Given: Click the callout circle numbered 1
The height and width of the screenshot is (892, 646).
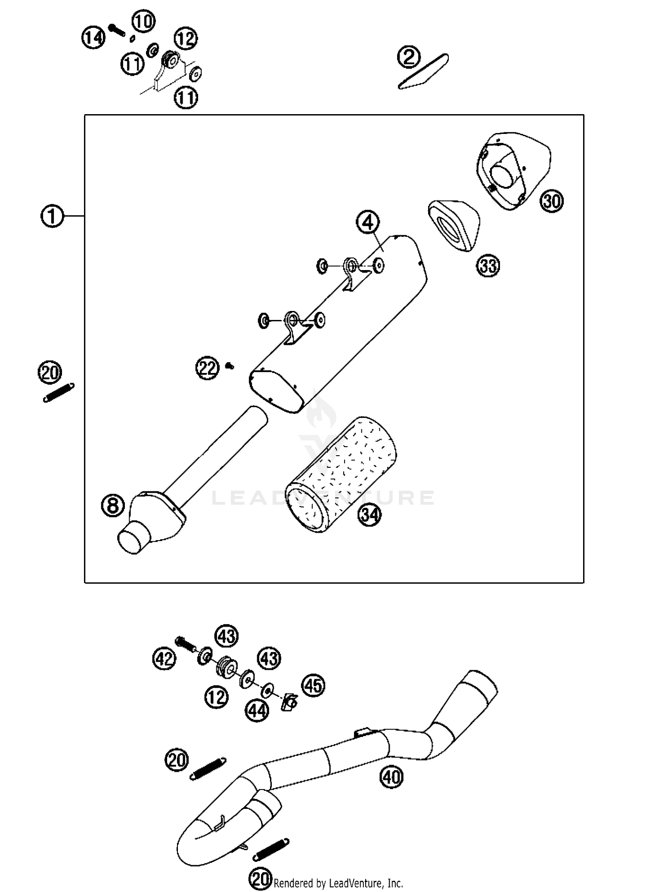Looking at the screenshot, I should pyautogui.click(x=52, y=216).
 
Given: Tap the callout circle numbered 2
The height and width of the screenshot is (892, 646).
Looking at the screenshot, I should pyautogui.click(x=409, y=57).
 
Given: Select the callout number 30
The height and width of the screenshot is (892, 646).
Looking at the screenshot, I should pyautogui.click(x=552, y=201).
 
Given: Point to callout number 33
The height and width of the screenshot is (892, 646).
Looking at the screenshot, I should pyautogui.click(x=488, y=266).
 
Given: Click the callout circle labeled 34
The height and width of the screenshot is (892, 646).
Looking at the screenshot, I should pyautogui.click(x=370, y=515).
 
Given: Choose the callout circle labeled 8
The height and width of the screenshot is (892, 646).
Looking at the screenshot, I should pyautogui.click(x=113, y=506).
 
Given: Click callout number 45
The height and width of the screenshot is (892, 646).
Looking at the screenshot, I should pyautogui.click(x=313, y=685).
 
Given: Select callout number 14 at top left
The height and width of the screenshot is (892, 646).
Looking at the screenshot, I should pyautogui.click(x=93, y=37).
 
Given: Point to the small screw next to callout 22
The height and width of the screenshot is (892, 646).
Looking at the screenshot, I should pyautogui.click(x=230, y=366).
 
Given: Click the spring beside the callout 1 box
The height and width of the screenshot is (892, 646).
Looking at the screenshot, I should pyautogui.click(x=59, y=393).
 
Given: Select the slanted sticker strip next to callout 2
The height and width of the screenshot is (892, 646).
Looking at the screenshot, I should pyautogui.click(x=423, y=71).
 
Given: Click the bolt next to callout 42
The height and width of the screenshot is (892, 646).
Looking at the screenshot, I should pyautogui.click(x=184, y=644).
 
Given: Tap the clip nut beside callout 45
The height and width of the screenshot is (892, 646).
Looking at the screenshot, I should pyautogui.click(x=290, y=703).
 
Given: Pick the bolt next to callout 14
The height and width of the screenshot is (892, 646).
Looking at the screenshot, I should pyautogui.click(x=116, y=30).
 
